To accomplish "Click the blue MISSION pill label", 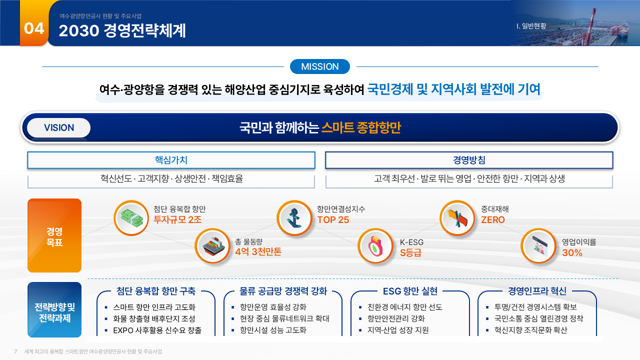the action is click(x=319, y=66).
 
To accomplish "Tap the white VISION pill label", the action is click(x=59, y=127).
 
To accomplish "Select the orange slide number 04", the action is click(x=34, y=28).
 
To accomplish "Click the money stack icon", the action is click(x=131, y=218).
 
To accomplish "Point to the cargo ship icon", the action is click(x=212, y=246).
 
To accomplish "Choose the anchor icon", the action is click(x=294, y=218).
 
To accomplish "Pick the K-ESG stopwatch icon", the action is click(x=375, y=246).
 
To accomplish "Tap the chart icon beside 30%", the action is click(x=538, y=246).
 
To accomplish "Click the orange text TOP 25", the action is click(x=333, y=219).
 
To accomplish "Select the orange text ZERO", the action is click(x=493, y=219).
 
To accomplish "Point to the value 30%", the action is click(x=572, y=252).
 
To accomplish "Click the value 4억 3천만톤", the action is click(x=258, y=251).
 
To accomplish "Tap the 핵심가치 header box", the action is click(x=171, y=160).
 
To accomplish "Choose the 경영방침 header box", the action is click(x=469, y=160).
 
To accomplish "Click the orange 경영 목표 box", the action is click(x=54, y=235).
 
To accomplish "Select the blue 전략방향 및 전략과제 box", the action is click(x=54, y=309).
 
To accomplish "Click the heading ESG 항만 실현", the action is click(x=410, y=291).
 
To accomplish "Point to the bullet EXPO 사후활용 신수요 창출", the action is click(x=157, y=330).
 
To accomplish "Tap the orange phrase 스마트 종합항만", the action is click(x=361, y=127).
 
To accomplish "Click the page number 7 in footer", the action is click(x=15, y=351).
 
